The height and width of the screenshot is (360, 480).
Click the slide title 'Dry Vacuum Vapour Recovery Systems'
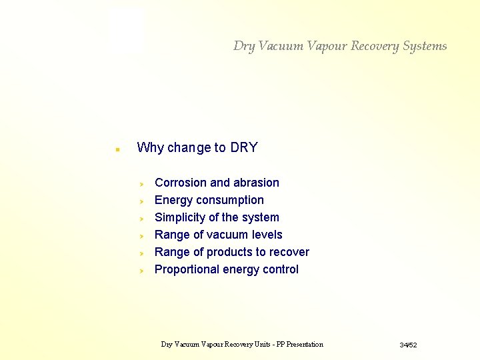pos(340,46)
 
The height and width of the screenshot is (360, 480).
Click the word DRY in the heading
pos(243,148)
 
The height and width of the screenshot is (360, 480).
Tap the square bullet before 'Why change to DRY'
pos(117,150)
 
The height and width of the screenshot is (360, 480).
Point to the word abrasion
pos(256,183)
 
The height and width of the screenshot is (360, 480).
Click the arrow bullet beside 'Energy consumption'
pos(141,201)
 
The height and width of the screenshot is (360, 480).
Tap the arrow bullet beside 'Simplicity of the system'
pos(141,218)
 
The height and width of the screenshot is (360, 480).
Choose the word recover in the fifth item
pos(289,252)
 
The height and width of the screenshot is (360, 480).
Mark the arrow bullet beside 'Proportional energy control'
pos(141,270)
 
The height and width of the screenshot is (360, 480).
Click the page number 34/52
pos(408,345)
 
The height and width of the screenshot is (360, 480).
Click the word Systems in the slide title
pos(425,46)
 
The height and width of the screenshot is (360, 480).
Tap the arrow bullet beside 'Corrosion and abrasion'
pos(141,183)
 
